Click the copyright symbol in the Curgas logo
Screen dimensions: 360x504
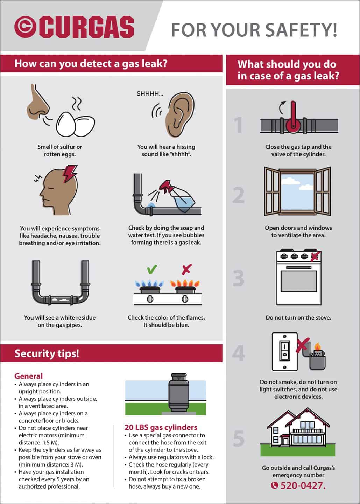(25, 27)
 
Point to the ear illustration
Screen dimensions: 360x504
(180, 115)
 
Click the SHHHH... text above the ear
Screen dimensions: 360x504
(150, 94)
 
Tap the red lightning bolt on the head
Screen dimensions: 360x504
(70, 174)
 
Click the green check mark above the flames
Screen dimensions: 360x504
(152, 269)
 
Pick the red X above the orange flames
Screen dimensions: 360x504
(187, 269)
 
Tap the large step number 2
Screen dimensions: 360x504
(239, 195)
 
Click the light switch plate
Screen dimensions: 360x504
(285, 351)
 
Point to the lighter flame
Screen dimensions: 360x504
(317, 346)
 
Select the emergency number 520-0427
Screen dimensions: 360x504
(303, 485)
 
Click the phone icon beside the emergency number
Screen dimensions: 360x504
(274, 485)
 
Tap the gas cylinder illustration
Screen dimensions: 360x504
(178, 393)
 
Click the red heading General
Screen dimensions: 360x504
(29, 376)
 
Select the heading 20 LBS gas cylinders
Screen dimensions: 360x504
(161, 427)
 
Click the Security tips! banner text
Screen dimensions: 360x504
(47, 353)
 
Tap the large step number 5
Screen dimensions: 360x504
(239, 438)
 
